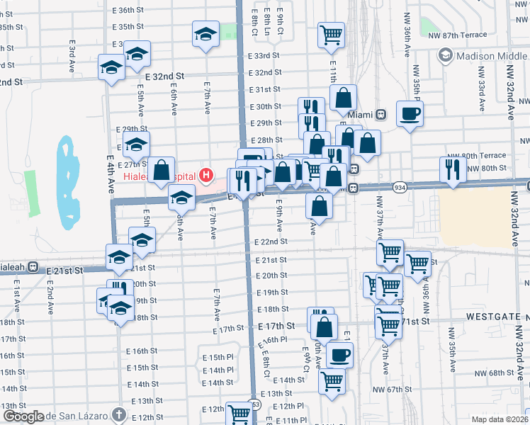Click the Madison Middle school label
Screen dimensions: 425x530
pyautogui.click(x=489, y=55)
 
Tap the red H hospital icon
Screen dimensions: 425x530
pyautogui.click(x=205, y=174)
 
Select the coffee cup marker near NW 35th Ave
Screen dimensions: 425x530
pyautogui.click(x=410, y=113)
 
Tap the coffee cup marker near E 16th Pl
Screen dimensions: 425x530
pyautogui.click(x=340, y=354)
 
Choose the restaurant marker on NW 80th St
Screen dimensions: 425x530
pyautogui.click(x=451, y=169)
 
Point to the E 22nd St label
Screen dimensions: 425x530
pyautogui.click(x=269, y=242)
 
